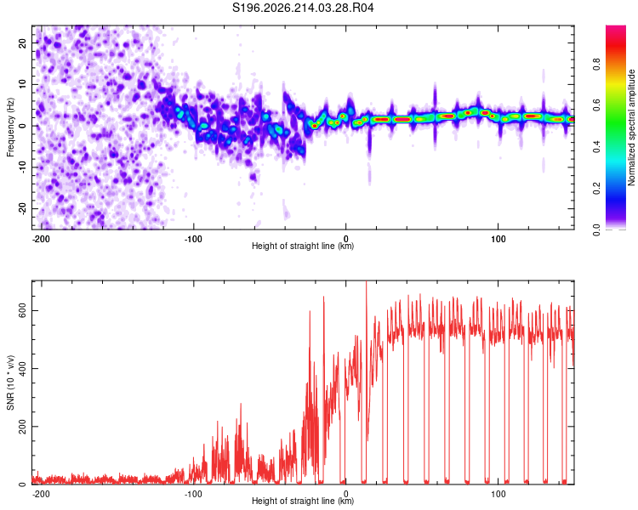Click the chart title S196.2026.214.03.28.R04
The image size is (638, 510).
tap(303, 8)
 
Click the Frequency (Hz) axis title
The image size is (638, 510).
tap(10, 127)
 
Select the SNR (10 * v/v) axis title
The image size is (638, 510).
tap(10, 382)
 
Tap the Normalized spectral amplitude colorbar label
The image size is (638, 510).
tap(631, 127)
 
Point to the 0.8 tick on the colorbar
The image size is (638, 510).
tap(596, 65)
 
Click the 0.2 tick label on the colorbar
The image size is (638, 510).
tap(596, 189)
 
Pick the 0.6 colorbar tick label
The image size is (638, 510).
tap(596, 105)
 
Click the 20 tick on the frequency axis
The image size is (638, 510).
tap(23, 43)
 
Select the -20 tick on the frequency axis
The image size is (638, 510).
tap(23, 208)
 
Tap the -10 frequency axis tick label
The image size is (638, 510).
tap(23, 167)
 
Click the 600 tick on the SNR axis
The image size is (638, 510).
tap(23, 311)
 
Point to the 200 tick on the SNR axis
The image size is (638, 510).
tap(23, 427)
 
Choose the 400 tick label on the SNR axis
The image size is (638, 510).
tap(23, 368)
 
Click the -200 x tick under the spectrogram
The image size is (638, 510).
tap(41, 239)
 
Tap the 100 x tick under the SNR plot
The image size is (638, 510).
tap(498, 494)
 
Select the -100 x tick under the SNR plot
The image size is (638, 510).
tap(193, 494)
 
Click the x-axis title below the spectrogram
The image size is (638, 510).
tap(303, 246)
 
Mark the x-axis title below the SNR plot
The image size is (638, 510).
tap(303, 501)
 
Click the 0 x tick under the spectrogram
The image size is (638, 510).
tap(346, 239)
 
